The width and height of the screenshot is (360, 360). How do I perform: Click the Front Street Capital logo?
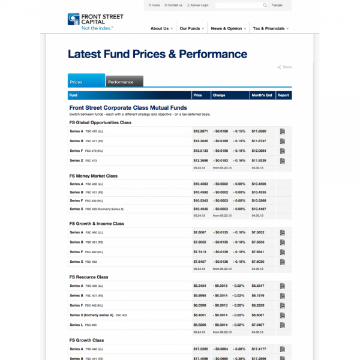point(91,22)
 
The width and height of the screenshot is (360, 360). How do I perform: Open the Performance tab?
point(121,82)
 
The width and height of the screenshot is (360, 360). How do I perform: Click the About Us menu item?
point(160,28)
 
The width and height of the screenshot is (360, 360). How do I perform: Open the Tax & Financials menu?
point(269,28)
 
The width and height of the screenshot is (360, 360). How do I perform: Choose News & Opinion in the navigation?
point(226,28)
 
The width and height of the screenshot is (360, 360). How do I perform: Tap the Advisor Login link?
point(198,5)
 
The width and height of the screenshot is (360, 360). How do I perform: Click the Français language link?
point(277,5)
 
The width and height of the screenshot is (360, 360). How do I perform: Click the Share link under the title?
point(286,67)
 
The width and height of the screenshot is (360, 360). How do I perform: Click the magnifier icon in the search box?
point(265,5)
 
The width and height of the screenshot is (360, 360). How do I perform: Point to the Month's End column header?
point(262,95)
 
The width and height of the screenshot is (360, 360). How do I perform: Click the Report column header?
point(283,95)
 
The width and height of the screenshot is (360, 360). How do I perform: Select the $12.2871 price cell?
point(200,131)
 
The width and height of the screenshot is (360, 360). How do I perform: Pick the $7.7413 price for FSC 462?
point(200,252)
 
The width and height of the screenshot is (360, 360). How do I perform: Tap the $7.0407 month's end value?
point(258,325)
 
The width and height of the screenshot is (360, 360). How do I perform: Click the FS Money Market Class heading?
point(93,176)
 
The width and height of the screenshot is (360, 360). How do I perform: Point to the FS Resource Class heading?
point(89,277)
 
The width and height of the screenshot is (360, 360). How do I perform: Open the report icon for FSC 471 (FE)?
point(283,141)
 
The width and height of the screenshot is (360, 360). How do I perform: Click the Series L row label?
point(76,325)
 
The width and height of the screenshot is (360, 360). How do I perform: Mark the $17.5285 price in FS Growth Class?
point(200,349)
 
